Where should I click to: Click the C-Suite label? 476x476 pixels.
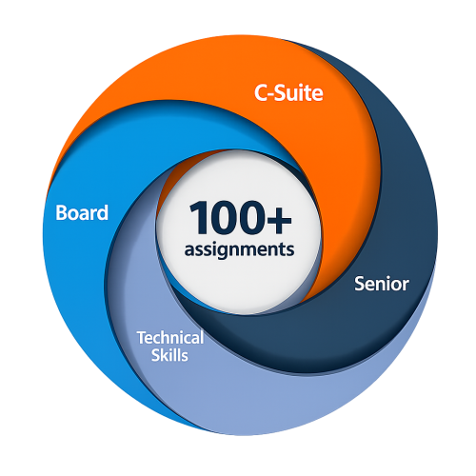288,93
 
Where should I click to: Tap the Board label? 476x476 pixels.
82,212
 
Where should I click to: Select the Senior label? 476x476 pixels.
382,284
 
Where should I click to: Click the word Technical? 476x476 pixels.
170,338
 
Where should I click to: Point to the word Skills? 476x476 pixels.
169,355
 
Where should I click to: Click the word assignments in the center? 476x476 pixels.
239,249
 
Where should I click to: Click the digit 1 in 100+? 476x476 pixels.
199,217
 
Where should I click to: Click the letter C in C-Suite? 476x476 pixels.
261,93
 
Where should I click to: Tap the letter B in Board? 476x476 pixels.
62,212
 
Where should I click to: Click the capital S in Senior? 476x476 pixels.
360,284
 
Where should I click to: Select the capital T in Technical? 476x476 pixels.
142,338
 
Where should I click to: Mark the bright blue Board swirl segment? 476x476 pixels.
79,269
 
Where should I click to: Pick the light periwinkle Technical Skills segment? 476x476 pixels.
254,400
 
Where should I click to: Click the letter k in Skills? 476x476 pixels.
165,355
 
